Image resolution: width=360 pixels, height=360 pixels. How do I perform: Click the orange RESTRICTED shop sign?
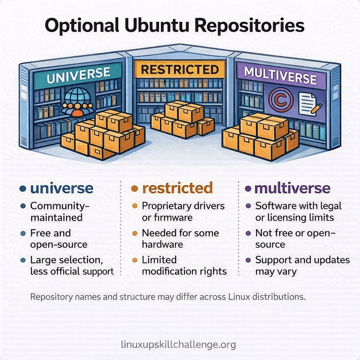pos(180,69)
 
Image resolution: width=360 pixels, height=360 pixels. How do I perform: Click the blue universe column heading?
pos(62,188)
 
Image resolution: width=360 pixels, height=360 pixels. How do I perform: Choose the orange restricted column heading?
pos(177,188)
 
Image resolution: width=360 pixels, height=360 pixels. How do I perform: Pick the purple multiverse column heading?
pos(292,188)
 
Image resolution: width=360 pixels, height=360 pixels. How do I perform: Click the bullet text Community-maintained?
pos(60,212)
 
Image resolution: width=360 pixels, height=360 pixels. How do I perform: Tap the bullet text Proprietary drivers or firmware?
pos(183,212)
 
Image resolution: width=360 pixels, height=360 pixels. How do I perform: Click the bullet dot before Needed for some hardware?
pos(135,234)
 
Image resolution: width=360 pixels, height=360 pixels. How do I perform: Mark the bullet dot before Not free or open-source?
pos(248,234)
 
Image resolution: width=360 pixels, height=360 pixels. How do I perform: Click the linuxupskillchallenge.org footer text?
pos(179,345)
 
